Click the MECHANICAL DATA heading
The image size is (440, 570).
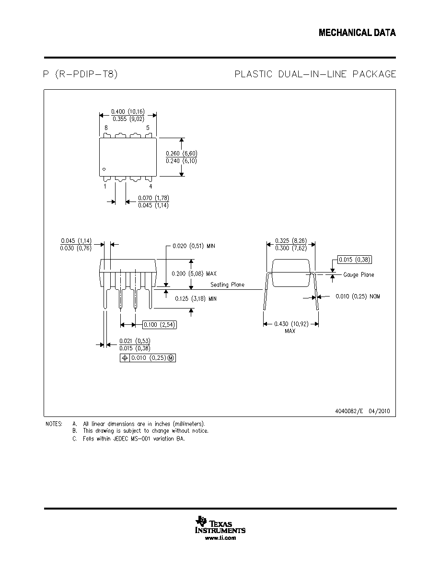[357, 33]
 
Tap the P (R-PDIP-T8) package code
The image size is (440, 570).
[80, 74]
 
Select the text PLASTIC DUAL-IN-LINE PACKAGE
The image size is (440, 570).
[315, 74]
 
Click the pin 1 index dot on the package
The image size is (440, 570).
[104, 169]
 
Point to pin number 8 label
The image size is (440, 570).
[106, 128]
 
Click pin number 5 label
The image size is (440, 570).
[148, 128]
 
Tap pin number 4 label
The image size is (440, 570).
[151, 187]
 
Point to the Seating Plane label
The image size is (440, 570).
[227, 285]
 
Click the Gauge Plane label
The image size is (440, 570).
[359, 275]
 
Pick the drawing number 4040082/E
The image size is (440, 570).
[349, 411]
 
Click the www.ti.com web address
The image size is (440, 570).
[220, 538]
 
